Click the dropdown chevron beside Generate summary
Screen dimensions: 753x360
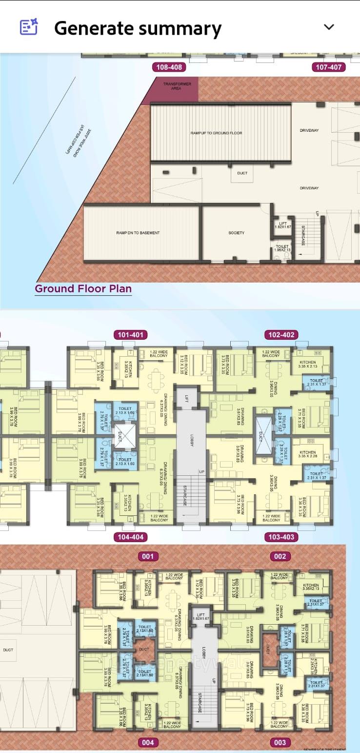pyautogui.click(x=329, y=27)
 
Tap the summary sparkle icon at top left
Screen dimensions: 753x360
pyautogui.click(x=28, y=27)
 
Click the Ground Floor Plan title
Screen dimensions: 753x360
pyautogui.click(x=83, y=288)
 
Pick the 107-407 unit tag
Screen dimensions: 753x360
pyautogui.click(x=328, y=67)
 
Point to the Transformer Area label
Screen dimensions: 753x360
pyautogui.click(x=177, y=86)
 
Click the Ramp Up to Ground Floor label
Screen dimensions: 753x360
pyautogui.click(x=216, y=133)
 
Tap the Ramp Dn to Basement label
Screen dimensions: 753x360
pyautogui.click(x=138, y=233)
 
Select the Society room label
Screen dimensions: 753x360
pyautogui.click(x=236, y=233)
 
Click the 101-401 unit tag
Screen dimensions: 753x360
pyautogui.click(x=131, y=335)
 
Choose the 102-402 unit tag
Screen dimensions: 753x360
pyautogui.click(x=281, y=335)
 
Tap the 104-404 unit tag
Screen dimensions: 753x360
pyautogui.click(x=131, y=537)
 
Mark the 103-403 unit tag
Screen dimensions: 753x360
pyautogui.click(x=281, y=537)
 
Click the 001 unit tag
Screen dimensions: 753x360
pyautogui.click(x=148, y=556)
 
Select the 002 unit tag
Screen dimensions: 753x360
pyautogui.click(x=280, y=556)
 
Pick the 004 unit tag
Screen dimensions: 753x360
pyautogui.click(x=148, y=742)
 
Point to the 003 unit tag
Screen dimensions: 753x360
pyautogui.click(x=280, y=742)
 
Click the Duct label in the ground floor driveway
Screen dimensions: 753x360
pyautogui.click(x=242, y=173)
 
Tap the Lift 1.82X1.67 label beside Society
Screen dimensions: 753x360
pyautogui.click(x=282, y=225)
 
